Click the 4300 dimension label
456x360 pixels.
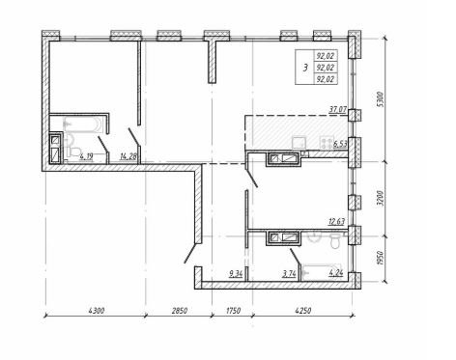(x=97, y=311)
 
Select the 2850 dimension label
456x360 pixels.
(x=180, y=311)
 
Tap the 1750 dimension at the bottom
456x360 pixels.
(x=233, y=311)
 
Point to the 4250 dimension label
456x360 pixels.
(x=303, y=311)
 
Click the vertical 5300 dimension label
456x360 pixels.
(x=381, y=99)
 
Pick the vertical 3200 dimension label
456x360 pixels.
(x=381, y=198)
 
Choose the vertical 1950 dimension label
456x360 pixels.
(x=381, y=258)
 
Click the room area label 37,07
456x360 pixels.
(x=337, y=110)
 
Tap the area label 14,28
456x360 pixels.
(x=128, y=156)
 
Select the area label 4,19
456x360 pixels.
(x=86, y=156)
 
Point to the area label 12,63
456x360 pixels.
(x=336, y=222)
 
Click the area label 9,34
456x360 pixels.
(x=236, y=274)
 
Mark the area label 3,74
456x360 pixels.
(x=289, y=274)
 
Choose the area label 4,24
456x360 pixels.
(x=335, y=273)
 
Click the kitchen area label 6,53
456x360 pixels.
(x=340, y=144)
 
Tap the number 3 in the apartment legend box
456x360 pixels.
(x=305, y=68)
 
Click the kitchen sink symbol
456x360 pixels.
(x=299, y=143)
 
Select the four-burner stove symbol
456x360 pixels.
(x=327, y=142)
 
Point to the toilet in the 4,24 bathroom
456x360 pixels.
(x=335, y=240)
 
